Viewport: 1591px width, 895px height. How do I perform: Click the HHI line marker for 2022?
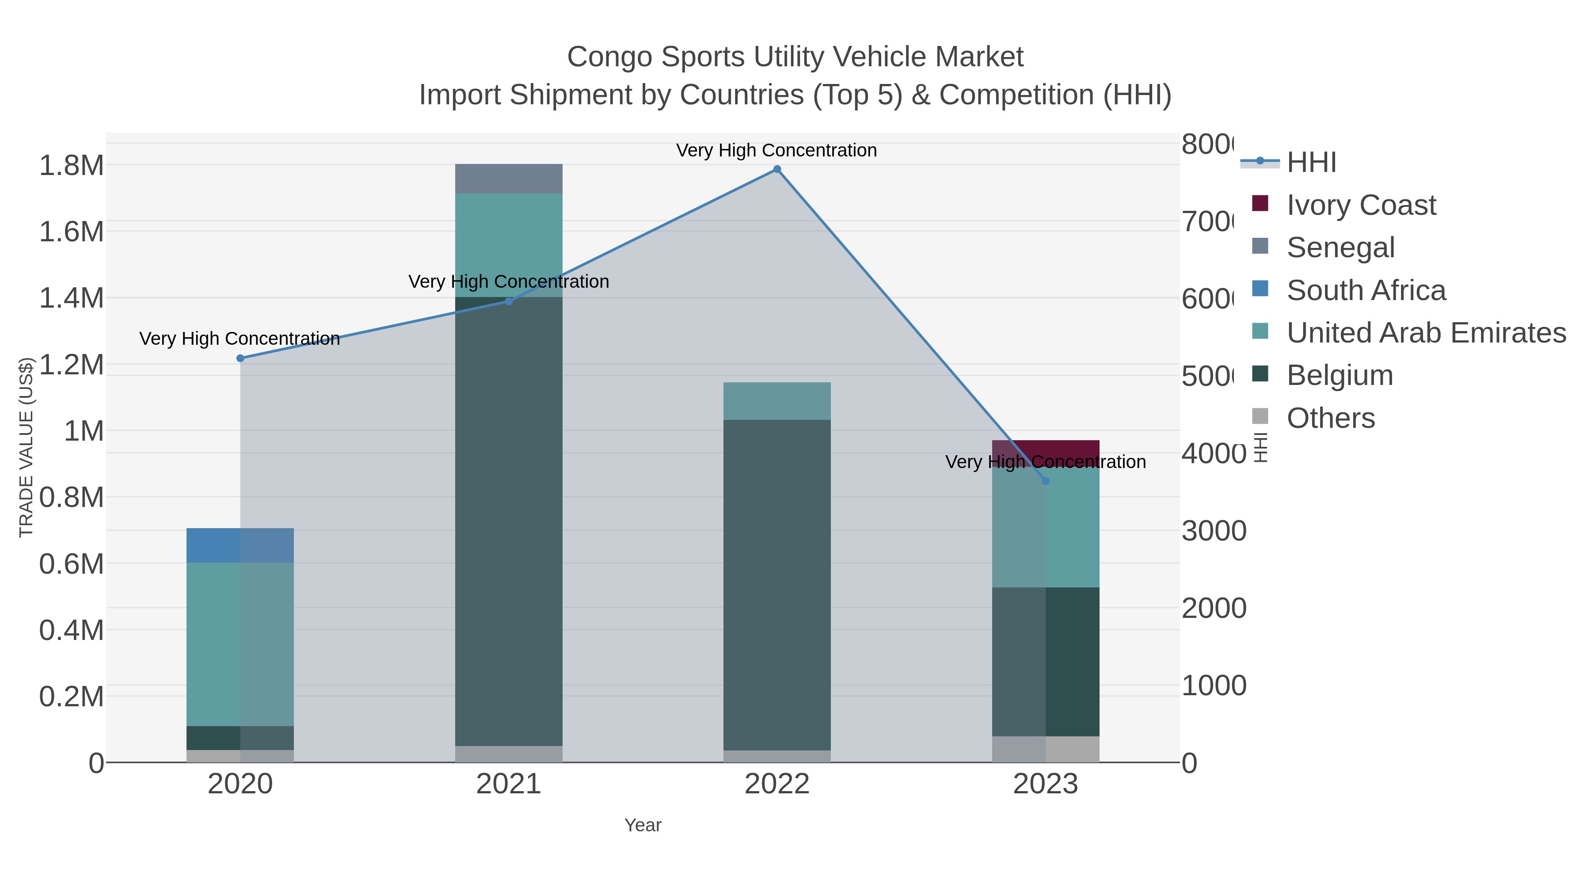pyautogui.click(x=777, y=169)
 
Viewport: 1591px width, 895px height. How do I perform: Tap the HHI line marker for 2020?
pyautogui.click(x=240, y=358)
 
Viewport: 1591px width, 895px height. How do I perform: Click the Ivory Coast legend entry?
pyautogui.click(x=1361, y=205)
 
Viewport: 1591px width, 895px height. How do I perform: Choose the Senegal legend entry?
pyautogui.click(x=1340, y=248)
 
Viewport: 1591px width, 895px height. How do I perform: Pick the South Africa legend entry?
pyautogui.click(x=1366, y=290)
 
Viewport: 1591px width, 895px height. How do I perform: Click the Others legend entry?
pyautogui.click(x=1330, y=418)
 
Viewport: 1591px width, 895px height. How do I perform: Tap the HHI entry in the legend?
pyautogui.click(x=1311, y=163)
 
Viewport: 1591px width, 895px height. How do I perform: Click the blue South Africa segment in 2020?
pyautogui.click(x=240, y=545)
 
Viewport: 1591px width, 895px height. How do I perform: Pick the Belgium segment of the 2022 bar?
pyautogui.click(x=777, y=584)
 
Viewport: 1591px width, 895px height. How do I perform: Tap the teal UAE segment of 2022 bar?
pyautogui.click(x=777, y=401)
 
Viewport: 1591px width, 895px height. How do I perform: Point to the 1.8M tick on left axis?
pyautogui.click(x=72, y=166)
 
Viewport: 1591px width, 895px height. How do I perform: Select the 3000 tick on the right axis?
pyautogui.click(x=1214, y=531)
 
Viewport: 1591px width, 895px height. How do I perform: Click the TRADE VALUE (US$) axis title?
pyautogui.click(x=26, y=447)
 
